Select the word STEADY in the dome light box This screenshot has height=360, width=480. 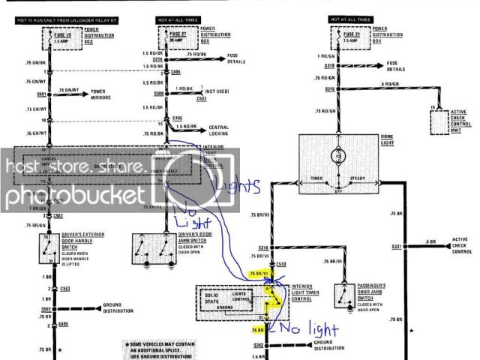[x=361, y=178]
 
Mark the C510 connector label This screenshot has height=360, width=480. [x=280, y=264]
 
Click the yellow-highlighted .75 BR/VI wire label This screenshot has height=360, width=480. [x=259, y=275]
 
